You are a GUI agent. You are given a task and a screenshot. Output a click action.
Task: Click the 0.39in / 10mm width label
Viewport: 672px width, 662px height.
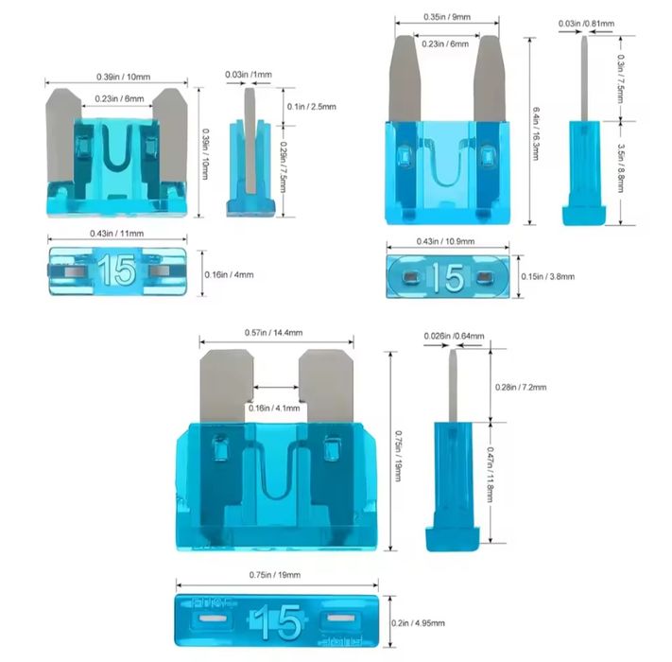pos(124,78)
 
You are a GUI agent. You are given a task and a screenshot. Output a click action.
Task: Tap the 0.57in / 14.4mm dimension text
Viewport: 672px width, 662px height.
pos(273,333)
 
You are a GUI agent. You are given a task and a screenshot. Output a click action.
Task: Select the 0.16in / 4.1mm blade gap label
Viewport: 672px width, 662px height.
pos(274,408)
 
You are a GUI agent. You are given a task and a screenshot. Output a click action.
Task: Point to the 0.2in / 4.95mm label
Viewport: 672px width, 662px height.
pos(418,623)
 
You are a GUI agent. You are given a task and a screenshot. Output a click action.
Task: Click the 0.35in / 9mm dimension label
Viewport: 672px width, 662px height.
pos(447,17)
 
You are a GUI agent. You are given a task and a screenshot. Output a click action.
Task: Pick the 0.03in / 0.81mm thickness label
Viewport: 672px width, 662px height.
pos(586,24)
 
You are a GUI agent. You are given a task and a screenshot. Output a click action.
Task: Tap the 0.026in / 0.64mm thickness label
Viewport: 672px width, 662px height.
pos(455,336)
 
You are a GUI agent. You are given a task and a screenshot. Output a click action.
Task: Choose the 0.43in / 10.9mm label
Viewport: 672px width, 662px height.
pos(446,241)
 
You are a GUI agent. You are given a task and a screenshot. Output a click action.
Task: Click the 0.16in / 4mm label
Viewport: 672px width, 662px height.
pos(229,275)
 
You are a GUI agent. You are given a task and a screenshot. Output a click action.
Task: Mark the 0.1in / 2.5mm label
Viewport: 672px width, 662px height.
pos(312,107)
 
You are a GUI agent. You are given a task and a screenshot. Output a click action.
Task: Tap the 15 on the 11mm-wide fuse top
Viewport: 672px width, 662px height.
pos(117,270)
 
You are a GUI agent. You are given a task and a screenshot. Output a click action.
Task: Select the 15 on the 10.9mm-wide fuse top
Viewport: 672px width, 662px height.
pos(448,277)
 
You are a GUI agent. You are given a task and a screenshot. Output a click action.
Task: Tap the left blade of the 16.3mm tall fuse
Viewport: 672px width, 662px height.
pos(405,78)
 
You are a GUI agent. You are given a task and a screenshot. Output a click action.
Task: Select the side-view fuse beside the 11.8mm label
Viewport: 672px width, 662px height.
pos(453,450)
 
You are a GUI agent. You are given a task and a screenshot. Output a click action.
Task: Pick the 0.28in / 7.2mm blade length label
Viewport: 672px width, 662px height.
pos(521,387)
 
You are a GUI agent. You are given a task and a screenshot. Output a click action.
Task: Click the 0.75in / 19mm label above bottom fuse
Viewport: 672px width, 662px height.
pos(275,575)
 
